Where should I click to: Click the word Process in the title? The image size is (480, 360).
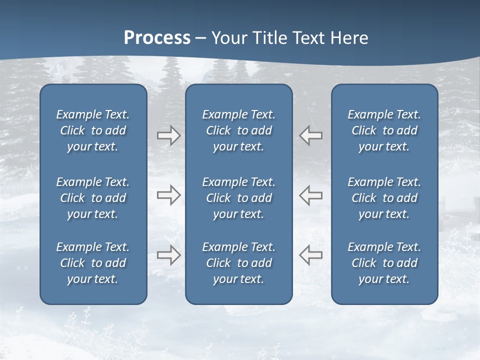(x=157, y=38)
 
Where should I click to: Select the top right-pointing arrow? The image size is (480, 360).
(x=168, y=135)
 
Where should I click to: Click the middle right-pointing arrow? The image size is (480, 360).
(x=168, y=195)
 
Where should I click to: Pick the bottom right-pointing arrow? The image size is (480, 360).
(x=168, y=254)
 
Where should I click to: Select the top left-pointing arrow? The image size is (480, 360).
(x=311, y=135)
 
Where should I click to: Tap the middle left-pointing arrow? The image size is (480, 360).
(x=311, y=195)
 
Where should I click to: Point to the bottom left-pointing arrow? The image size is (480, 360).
(x=311, y=254)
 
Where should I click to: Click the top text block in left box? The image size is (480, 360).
(x=93, y=130)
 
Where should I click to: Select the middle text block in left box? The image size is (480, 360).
(x=93, y=198)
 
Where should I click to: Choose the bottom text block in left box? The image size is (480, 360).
(x=93, y=263)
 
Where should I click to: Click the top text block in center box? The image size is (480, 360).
(x=238, y=130)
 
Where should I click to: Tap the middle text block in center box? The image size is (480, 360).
(x=238, y=198)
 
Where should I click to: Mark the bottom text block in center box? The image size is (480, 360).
(x=238, y=263)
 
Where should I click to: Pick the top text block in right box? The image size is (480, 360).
(x=384, y=130)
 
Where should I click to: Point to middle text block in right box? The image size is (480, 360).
(x=384, y=198)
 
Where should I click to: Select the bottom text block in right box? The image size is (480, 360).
(x=384, y=263)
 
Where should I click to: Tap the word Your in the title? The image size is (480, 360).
(x=228, y=38)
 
